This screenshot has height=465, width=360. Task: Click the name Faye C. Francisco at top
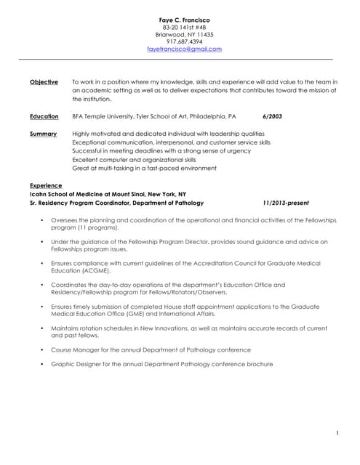click(184, 18)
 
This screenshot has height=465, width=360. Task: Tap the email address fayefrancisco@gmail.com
click(184, 49)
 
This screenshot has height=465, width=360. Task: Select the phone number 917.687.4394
click(184, 41)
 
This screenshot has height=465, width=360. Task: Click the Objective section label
click(44, 82)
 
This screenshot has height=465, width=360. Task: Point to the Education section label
click(44, 116)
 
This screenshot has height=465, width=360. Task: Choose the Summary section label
click(43, 134)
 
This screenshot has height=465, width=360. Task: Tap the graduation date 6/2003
click(272, 116)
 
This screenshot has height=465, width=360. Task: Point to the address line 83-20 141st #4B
click(184, 27)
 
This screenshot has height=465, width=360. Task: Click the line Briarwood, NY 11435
click(184, 34)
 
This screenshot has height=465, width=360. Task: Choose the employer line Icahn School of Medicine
click(108, 195)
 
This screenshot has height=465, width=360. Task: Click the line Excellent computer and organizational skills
click(134, 159)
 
